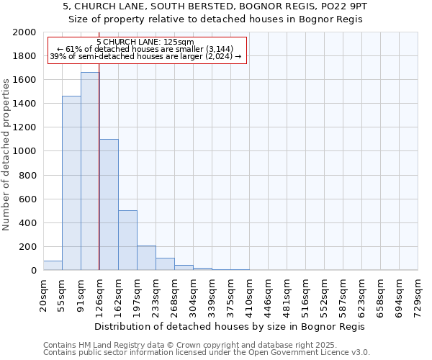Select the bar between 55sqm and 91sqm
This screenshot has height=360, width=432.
pos(71,183)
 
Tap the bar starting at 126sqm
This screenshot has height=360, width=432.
pos(109,204)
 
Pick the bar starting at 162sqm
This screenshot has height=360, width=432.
pos(127,240)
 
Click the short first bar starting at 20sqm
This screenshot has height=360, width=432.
pos(53,266)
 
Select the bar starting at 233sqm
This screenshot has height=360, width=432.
pos(165,264)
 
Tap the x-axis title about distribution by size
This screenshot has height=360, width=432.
pos(230,327)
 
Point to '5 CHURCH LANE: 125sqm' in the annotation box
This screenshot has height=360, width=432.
pos(145,42)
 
